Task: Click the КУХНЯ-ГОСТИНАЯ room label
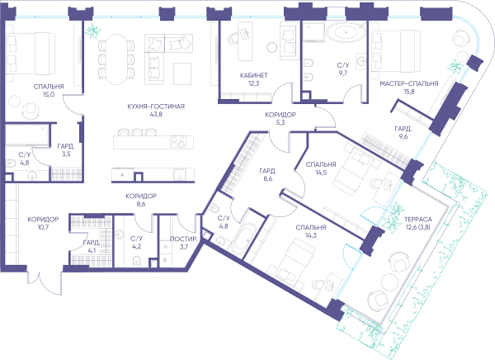[156, 107]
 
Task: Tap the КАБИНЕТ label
[253, 75]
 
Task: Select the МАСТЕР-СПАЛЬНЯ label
[409, 83]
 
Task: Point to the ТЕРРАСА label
[418, 220]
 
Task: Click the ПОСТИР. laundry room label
[184, 239]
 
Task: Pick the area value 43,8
[156, 115]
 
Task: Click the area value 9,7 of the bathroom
[343, 73]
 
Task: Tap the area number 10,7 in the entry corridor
[43, 227]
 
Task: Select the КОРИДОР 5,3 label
[280, 119]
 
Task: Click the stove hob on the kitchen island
[178, 142]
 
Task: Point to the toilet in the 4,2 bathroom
[136, 261]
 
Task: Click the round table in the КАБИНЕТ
[271, 47]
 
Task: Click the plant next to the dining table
[93, 31]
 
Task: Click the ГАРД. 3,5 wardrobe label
[66, 150]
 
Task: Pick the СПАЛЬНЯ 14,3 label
[311, 231]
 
